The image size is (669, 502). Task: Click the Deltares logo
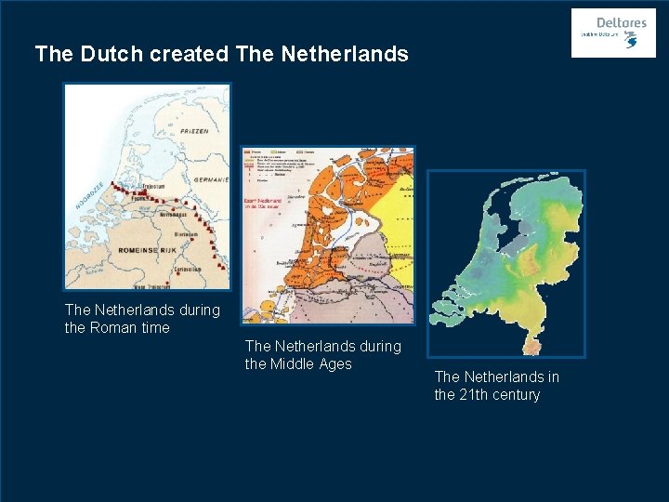point(613,33)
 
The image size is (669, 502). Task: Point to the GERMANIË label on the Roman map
point(210,179)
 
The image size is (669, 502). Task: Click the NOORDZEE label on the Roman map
point(89,192)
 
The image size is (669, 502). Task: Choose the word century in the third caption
point(518,394)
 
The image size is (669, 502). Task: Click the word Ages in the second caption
point(335,363)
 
